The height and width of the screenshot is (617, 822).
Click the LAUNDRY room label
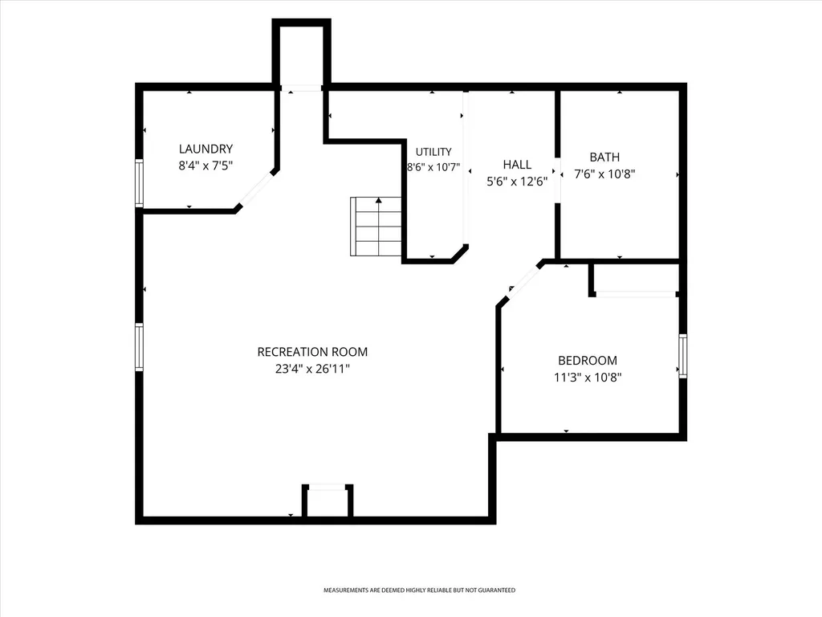[x=205, y=149]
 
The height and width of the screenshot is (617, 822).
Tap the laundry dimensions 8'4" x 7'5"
[x=205, y=165]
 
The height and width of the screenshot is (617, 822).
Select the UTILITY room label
[x=433, y=152]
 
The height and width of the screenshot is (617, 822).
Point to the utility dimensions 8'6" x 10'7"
[x=433, y=167]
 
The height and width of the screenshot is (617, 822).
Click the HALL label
[x=518, y=165]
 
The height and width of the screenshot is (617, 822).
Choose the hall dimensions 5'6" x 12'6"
[x=518, y=182]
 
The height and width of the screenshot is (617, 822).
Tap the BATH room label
[x=604, y=157]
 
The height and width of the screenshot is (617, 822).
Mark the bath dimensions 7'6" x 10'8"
[x=604, y=174]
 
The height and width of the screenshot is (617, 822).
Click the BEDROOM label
[x=588, y=361]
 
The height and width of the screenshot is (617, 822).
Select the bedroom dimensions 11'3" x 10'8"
[x=588, y=378]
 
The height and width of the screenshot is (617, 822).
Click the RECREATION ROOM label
[x=312, y=352]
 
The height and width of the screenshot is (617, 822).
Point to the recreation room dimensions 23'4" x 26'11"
[x=312, y=369]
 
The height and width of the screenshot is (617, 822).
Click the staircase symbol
[x=376, y=227]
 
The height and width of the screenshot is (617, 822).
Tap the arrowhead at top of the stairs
[x=379, y=200]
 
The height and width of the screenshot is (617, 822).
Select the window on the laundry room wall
[x=139, y=183]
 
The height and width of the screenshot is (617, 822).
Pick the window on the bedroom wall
[x=682, y=356]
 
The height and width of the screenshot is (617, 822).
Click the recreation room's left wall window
[x=139, y=347]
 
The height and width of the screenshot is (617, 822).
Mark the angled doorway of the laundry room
[x=256, y=189]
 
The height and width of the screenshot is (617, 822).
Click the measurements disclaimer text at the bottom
[x=419, y=590]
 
